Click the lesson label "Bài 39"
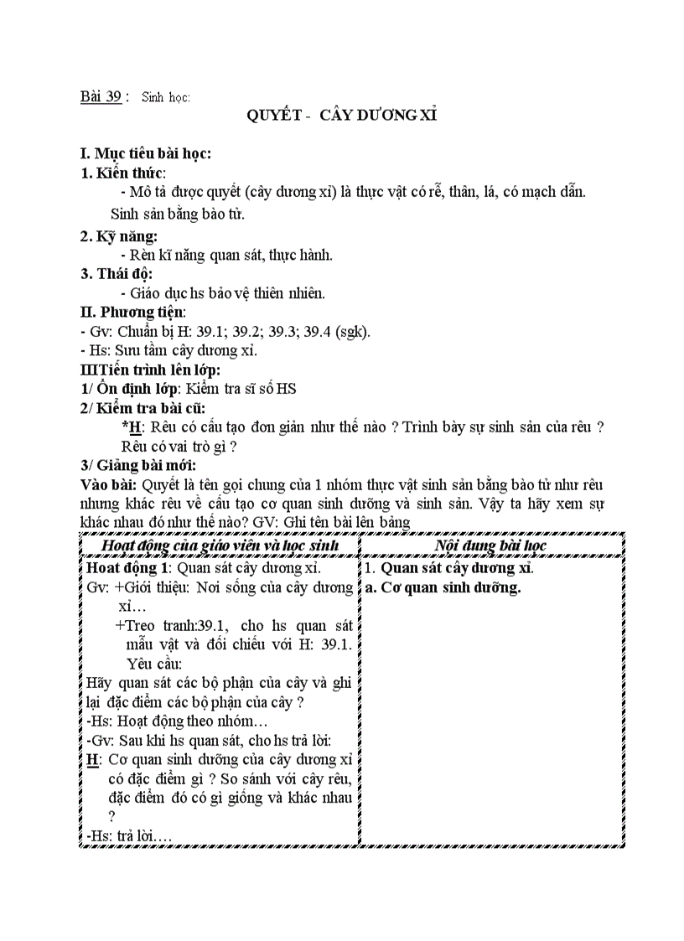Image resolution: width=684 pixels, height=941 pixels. coord(101,96)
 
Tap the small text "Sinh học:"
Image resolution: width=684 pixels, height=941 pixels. coord(166,97)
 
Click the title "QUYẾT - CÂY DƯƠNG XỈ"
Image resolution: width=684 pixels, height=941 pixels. coord(341,116)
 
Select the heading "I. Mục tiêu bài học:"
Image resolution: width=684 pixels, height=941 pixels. coord(145,153)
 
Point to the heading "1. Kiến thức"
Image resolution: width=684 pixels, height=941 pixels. coord(122,173)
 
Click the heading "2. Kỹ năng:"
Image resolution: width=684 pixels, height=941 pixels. coord(119,236)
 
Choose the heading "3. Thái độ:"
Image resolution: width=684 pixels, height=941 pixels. coord(117,274)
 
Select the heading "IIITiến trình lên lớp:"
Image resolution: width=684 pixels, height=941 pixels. coord(150,370)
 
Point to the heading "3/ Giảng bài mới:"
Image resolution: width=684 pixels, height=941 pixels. coord(138,465)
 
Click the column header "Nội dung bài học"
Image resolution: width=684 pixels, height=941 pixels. coord(491,545)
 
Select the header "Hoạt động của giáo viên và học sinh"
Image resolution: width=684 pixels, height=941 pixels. coord(220,545)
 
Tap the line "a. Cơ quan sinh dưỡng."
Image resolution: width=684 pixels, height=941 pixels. coord(443,587)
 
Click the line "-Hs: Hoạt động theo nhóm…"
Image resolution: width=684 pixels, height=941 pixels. coord(177,721)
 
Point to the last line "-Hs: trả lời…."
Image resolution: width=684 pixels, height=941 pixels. coord(128,835)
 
